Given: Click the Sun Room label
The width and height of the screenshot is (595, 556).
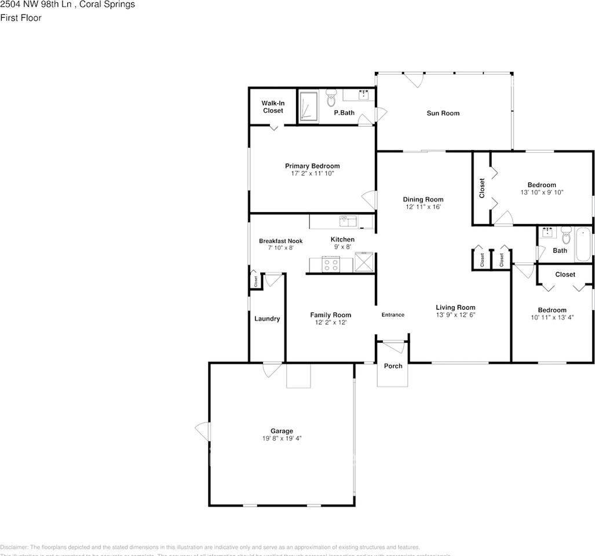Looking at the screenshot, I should click(x=443, y=113).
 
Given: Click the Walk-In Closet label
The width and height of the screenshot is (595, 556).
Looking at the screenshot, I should click(x=272, y=107).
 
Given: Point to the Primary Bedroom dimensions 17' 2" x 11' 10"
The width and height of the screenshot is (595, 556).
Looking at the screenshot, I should click(x=312, y=173).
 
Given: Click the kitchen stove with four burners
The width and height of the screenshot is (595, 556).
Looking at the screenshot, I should click(x=331, y=265).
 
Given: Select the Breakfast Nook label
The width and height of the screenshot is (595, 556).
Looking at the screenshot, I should click(x=280, y=241).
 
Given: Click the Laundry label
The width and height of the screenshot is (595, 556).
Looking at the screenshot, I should click(x=267, y=319).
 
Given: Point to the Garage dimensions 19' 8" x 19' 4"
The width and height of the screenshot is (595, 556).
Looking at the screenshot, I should click(x=282, y=438).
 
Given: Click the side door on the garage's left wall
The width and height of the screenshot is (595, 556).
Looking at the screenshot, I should click(x=203, y=431).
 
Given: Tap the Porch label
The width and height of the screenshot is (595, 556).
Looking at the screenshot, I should click(x=393, y=366).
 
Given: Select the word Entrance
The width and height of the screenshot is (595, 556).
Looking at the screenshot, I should click(x=393, y=314).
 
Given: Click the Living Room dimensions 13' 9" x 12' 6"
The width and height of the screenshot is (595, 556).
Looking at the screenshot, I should click(x=455, y=315).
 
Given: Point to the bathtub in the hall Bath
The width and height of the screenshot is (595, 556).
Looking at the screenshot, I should click(x=582, y=245).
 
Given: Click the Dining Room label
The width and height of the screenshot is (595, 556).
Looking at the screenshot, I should click(x=423, y=199).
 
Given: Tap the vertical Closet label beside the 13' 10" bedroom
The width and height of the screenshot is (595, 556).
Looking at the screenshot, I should click(x=482, y=188).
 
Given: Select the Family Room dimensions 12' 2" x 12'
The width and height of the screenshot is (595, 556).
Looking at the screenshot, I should click(x=330, y=323).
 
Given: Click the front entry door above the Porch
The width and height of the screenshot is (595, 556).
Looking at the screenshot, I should click(x=393, y=346).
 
